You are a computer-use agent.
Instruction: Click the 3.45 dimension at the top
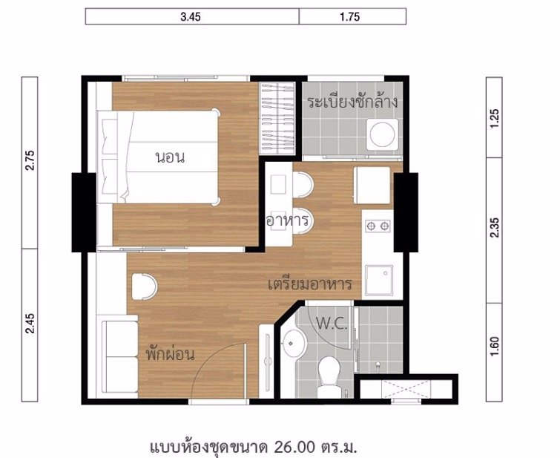[191, 17]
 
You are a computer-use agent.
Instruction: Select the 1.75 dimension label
[349, 17]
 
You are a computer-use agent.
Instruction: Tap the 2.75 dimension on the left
[30, 160]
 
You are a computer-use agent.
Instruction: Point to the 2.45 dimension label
[30, 323]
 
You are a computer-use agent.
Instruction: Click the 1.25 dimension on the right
[495, 118]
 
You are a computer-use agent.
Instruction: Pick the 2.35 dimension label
[495, 227]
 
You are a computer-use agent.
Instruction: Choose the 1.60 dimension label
[495, 347]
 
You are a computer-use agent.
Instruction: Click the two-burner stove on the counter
[378, 226]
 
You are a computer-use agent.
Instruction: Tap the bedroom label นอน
[170, 157]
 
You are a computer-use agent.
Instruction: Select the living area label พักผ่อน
[171, 354]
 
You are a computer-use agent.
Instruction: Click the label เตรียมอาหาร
[310, 284]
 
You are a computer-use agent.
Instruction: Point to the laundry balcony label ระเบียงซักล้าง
[352, 101]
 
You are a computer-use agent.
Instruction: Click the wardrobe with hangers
[277, 118]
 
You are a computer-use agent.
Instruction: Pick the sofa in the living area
[119, 356]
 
